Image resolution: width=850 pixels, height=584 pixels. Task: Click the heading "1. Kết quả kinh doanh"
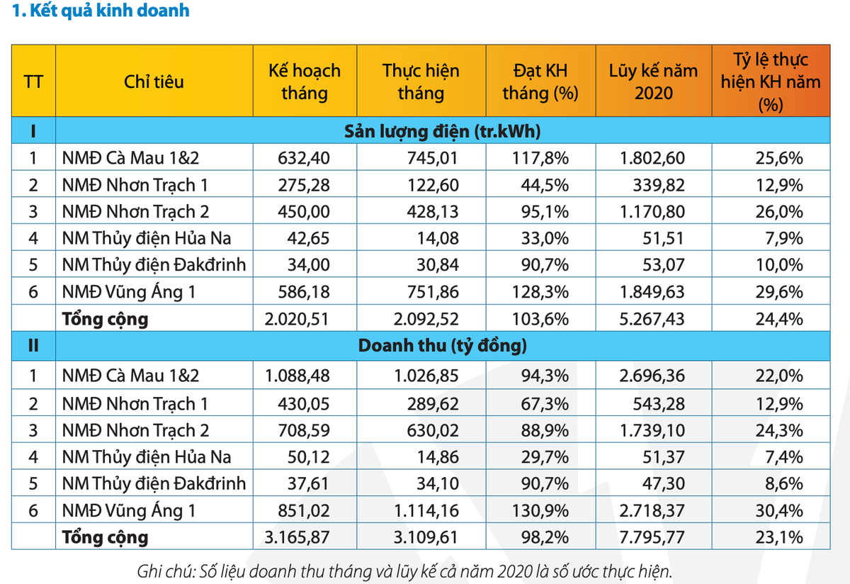click(x=96, y=11)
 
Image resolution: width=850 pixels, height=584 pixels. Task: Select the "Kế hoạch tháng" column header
click(x=305, y=82)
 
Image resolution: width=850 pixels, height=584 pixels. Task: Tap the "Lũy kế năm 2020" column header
click(x=653, y=82)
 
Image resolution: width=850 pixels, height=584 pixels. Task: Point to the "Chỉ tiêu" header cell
click(x=154, y=82)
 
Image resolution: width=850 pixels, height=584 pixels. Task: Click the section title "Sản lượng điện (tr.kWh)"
click(x=443, y=131)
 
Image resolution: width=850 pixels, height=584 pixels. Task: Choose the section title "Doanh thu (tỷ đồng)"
click(x=443, y=347)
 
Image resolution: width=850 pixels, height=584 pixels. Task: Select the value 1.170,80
click(x=652, y=211)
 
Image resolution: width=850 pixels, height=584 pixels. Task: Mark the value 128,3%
click(x=540, y=292)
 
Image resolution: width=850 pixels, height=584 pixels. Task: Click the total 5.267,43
click(x=652, y=319)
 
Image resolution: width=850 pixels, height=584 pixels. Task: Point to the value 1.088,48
click(x=297, y=376)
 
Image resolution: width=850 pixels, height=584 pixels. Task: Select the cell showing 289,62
click(x=437, y=404)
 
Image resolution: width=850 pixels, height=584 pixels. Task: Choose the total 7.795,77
click(x=652, y=537)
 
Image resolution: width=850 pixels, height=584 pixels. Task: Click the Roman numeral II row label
click(x=33, y=347)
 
